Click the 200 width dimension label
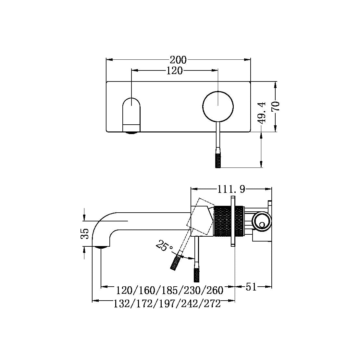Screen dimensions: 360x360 pyautogui.click(x=178, y=60)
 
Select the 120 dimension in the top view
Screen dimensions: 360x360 pyautogui.click(x=174, y=70)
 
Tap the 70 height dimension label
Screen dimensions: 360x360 pyautogui.click(x=276, y=106)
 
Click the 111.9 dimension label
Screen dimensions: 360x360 pyautogui.click(x=231, y=189)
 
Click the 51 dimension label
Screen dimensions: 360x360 pyautogui.click(x=251, y=287)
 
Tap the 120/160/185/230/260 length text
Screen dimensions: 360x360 pyautogui.click(x=170, y=290)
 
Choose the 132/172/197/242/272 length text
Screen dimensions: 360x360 pyautogui.click(x=167, y=304)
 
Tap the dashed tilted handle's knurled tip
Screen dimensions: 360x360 pyautogui.click(x=175, y=263)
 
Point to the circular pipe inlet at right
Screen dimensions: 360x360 pyautogui.click(x=261, y=223)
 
